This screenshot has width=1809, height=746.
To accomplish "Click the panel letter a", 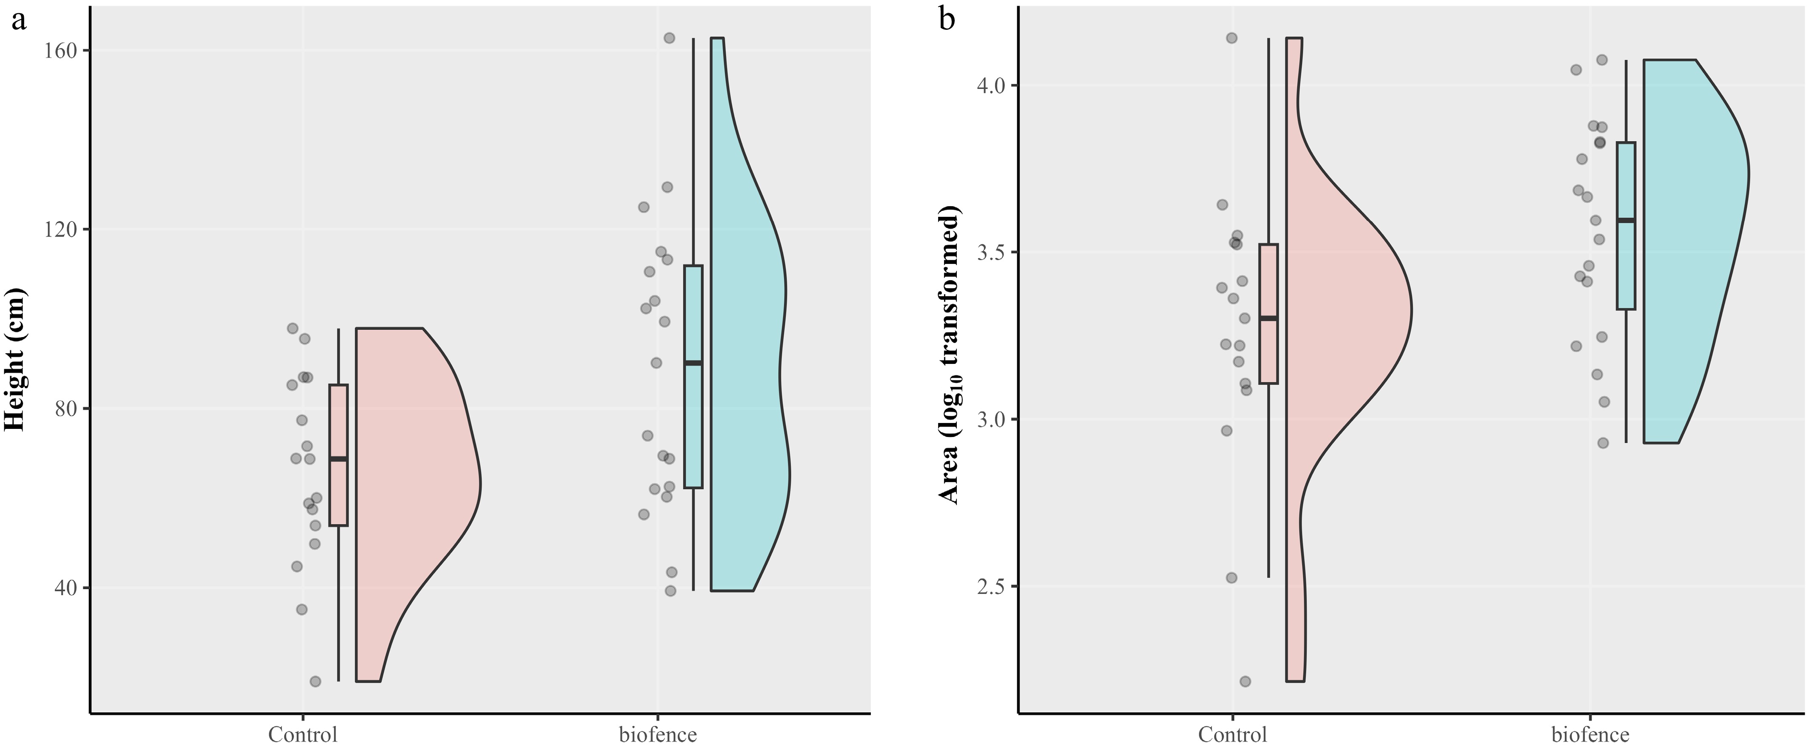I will click(x=18, y=21).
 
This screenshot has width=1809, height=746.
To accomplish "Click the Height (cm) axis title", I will click(x=15, y=361).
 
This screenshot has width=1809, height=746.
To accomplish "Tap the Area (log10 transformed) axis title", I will click(x=950, y=355).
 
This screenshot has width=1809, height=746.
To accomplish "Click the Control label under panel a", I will click(x=302, y=734).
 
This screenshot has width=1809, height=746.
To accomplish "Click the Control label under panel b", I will click(x=1233, y=734).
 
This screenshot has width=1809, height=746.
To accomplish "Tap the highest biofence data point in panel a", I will click(x=669, y=38).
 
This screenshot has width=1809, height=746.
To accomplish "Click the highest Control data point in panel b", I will click(x=1232, y=38).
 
